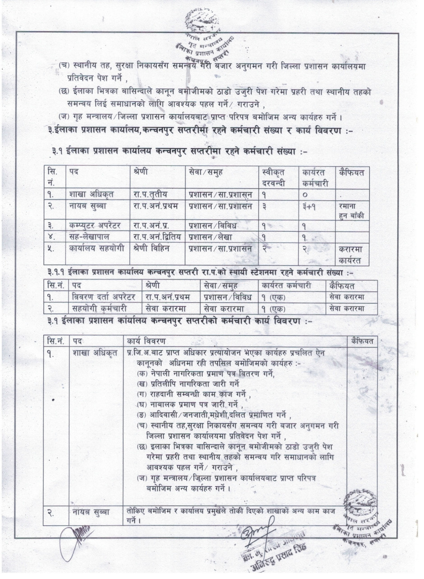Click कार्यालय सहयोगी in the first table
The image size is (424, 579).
coord(95,247)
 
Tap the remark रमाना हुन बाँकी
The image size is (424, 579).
coord(352,210)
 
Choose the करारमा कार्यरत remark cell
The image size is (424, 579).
coord(352,253)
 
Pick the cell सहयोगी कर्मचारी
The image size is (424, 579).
coord(97,308)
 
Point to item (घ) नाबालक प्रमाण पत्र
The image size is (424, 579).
coord(192,404)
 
